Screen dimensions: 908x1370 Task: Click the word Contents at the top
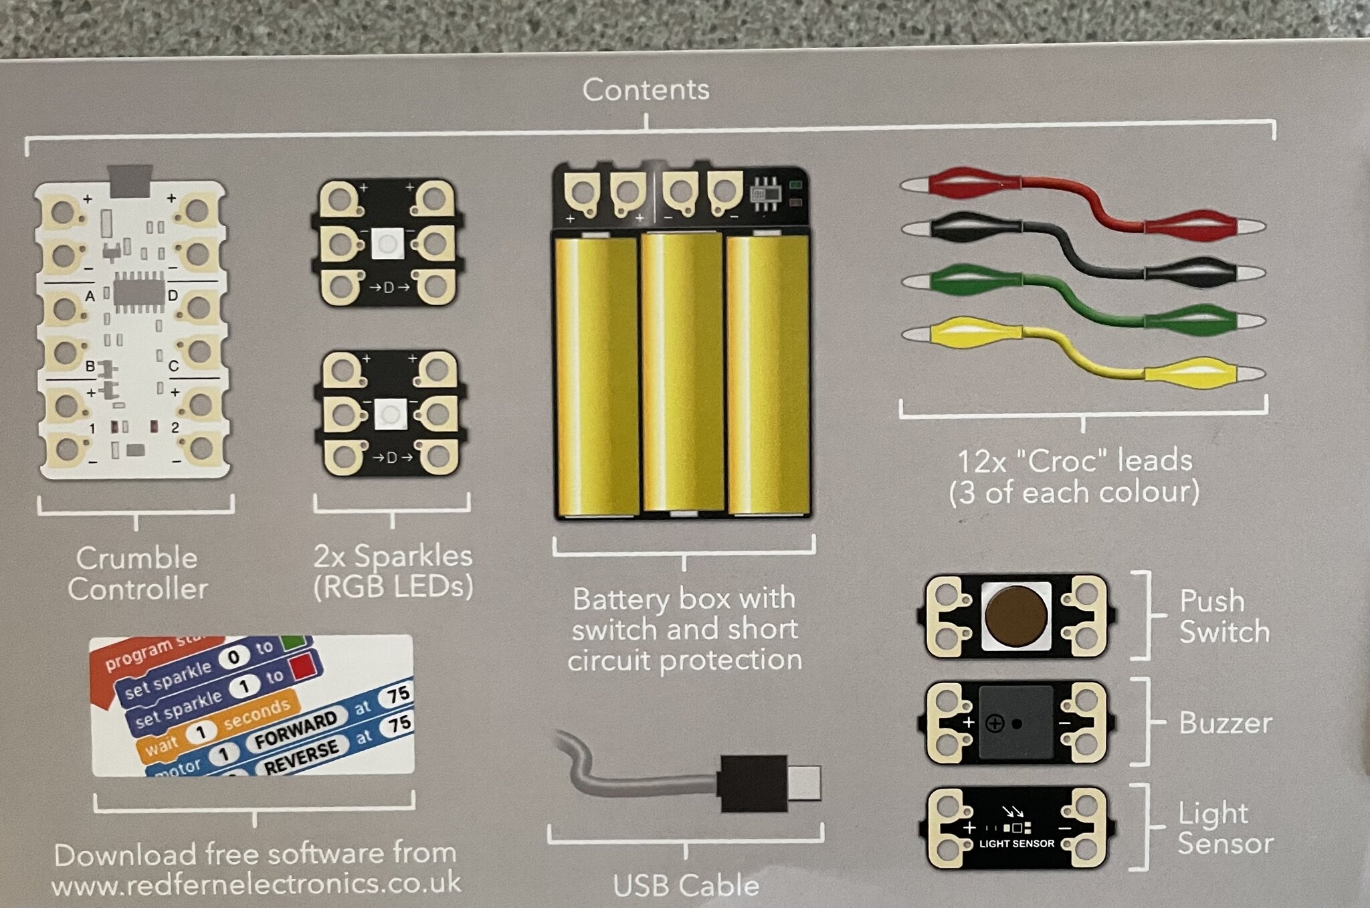[x=646, y=90]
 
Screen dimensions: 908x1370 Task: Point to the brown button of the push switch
[x=1016, y=616]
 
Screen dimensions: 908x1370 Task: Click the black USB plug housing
[x=752, y=783]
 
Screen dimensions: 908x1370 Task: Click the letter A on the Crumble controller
[x=90, y=296]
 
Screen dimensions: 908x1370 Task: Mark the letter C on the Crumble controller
[x=173, y=366]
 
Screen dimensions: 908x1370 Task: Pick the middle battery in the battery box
[x=682, y=371]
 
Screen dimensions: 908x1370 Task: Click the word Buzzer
[x=1226, y=723]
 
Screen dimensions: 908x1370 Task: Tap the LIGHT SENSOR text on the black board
[x=1017, y=844]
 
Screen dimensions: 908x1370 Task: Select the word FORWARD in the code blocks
[x=296, y=729]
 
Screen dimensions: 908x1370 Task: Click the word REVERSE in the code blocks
[x=301, y=757]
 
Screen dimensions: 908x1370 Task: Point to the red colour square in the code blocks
[x=302, y=666]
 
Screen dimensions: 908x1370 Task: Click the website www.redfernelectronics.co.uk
[x=256, y=884]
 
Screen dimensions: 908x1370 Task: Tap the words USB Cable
[x=686, y=886]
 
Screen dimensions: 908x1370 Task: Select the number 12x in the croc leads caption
[x=982, y=462]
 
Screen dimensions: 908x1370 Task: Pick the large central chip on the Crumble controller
[x=139, y=292]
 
